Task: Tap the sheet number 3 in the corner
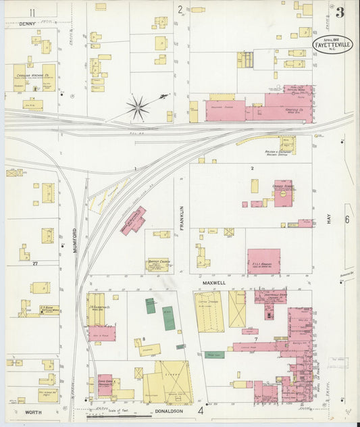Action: tap(340, 12)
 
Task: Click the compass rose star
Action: tap(138, 107)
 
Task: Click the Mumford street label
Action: tap(74, 241)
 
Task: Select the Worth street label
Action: tap(33, 411)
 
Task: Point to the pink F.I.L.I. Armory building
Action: tap(263, 261)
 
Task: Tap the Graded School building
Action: tap(284, 194)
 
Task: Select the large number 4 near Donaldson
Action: tap(200, 410)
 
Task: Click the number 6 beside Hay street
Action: tap(347, 220)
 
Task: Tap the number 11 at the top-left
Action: tap(32, 12)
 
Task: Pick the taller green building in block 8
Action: tap(168, 318)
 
